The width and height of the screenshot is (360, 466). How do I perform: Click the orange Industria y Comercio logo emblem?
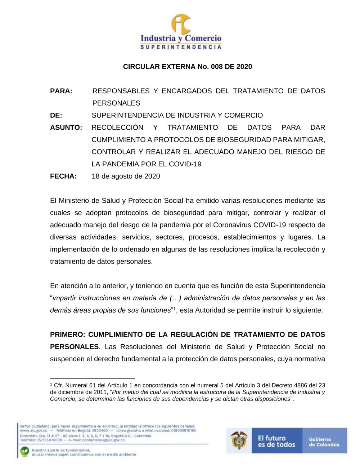pos(180,24)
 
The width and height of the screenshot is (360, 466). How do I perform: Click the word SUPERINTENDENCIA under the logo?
pos(180,47)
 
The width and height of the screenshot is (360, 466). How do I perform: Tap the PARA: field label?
pos(61,91)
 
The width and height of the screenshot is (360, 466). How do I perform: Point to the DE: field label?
pos(56,116)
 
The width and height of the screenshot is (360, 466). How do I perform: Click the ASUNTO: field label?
pos(66,127)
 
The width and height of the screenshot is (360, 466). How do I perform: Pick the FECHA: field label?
pos(63,176)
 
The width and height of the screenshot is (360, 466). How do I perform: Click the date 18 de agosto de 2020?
pos(126,176)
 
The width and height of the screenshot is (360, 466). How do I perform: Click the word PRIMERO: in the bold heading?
pos(67,335)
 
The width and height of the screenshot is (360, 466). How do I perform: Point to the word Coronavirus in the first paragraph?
pos(232,225)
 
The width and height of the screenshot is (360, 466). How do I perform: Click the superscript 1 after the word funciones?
pos(175,308)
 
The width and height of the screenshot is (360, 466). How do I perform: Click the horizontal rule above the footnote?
pos(92,378)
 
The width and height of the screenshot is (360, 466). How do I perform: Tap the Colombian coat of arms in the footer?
pos(239,440)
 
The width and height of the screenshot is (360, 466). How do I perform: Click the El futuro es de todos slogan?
pos(276,441)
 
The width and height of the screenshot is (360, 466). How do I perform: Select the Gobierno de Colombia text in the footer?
pos(324,442)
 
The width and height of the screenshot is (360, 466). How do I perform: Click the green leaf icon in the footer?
pos(24,452)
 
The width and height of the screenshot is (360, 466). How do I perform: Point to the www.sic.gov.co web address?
pos(33,430)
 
